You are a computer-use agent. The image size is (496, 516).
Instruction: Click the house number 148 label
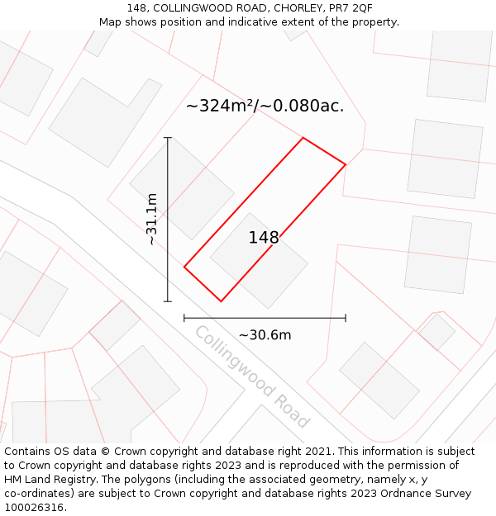(264, 238)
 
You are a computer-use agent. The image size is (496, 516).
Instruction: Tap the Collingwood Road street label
(251, 376)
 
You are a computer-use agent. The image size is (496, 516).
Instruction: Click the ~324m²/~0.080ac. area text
(265, 106)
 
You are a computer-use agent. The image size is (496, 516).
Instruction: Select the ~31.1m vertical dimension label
(151, 220)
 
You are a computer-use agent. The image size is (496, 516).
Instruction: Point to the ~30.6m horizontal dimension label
(265, 335)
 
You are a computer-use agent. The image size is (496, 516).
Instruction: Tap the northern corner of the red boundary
(303, 138)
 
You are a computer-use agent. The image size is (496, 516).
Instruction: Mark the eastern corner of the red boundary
(346, 164)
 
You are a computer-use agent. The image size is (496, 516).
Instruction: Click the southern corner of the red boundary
(221, 301)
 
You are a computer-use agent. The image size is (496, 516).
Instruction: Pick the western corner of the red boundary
(184, 267)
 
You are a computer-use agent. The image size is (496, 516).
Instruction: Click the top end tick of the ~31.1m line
(168, 138)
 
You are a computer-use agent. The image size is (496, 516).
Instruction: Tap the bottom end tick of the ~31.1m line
(168, 301)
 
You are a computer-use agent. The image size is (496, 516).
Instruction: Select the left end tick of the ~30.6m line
(184, 318)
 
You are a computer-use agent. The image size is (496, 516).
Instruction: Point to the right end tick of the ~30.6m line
(346, 318)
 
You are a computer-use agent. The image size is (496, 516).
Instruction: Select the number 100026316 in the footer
(35, 508)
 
